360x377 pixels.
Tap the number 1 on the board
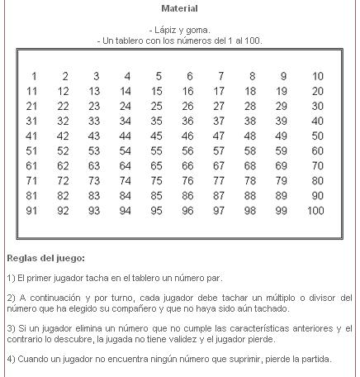34,76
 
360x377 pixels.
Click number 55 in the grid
159,150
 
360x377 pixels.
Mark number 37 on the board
221,121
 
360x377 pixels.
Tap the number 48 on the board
253,136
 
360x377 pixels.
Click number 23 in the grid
96,106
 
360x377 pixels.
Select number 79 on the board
284,180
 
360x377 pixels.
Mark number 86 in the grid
190,195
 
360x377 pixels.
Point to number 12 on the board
64,91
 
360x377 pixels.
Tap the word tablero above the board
133,40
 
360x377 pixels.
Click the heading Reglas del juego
45,257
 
